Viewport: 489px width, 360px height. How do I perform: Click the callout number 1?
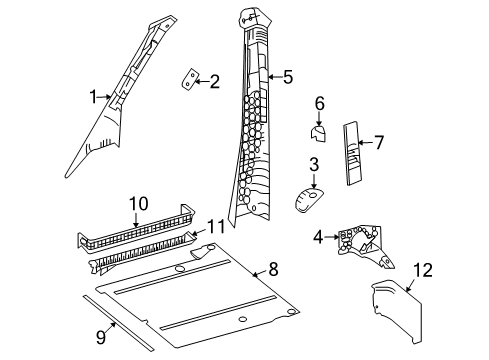click(93, 97)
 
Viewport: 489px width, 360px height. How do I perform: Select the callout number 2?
click(214, 82)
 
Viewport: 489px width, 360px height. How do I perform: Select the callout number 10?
click(137, 204)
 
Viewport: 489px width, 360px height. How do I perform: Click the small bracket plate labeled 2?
click(190, 80)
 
